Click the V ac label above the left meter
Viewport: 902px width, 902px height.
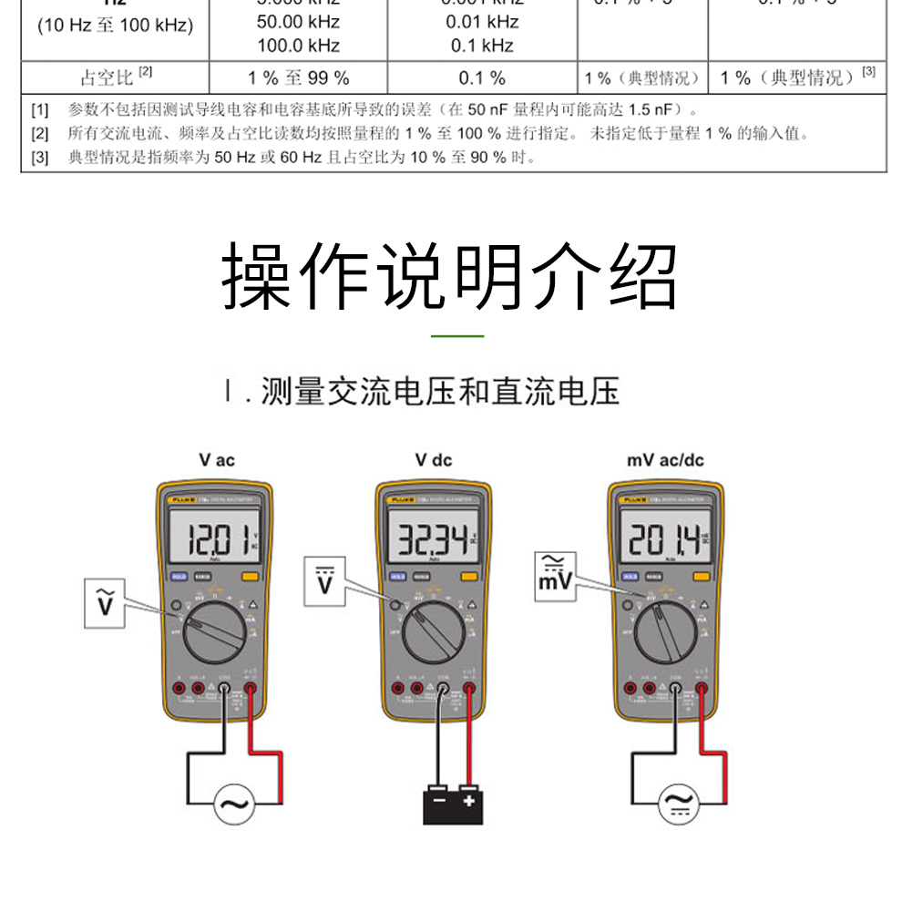(x=217, y=460)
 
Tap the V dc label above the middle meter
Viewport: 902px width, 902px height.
(x=434, y=460)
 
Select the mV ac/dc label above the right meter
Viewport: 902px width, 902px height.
(x=665, y=460)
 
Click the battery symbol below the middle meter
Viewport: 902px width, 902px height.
(x=453, y=801)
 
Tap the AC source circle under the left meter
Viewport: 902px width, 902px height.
(x=234, y=803)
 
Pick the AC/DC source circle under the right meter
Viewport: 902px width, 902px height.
(x=679, y=803)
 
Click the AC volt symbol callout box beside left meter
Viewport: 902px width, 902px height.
(x=106, y=602)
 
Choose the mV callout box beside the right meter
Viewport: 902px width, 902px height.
(x=554, y=571)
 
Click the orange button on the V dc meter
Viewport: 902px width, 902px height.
(x=470, y=576)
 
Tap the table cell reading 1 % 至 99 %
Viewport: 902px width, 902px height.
(x=299, y=77)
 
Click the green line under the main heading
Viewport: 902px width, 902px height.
(x=456, y=336)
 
